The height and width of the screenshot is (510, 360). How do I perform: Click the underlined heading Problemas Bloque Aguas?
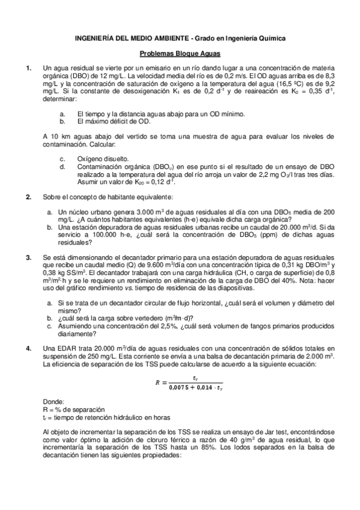180,54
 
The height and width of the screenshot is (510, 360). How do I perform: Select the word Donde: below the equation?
55,402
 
